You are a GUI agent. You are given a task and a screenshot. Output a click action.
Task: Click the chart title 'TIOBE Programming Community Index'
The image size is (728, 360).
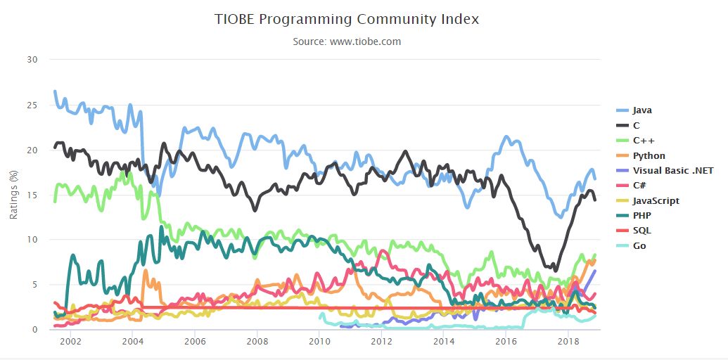tap(347, 19)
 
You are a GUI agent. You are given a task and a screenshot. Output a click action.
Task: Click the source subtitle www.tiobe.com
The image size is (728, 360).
tap(347, 41)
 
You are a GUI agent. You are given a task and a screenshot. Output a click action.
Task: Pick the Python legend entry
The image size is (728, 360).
tap(649, 155)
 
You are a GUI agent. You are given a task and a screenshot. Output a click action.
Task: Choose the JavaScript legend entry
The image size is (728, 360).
tap(656, 200)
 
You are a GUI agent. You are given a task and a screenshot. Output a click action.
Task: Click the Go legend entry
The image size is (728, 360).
tap(639, 245)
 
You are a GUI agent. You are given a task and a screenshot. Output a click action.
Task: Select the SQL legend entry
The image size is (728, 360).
tap(641, 231)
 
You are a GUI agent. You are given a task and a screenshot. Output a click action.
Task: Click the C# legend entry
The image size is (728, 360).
tap(639, 186)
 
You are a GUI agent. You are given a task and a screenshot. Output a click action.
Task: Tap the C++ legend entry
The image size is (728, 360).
tap(641, 141)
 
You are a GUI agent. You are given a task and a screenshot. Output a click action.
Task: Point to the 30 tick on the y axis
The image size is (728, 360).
tap(32, 60)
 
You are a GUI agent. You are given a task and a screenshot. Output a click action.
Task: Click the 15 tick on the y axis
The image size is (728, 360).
tap(32, 195)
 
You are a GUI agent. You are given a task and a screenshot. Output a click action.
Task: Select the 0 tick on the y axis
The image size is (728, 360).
tap(34, 329)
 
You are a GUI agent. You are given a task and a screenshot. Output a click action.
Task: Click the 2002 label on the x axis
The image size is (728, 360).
tap(70, 341)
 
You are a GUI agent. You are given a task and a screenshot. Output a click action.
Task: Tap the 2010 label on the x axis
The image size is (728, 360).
tap(319, 341)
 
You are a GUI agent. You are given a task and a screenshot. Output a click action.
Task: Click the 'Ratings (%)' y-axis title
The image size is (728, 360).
tap(13, 194)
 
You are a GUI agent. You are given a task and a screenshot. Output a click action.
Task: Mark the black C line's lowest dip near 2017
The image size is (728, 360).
tap(555, 270)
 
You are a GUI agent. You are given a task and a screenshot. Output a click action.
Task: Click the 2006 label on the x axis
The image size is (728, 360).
tap(194, 341)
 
